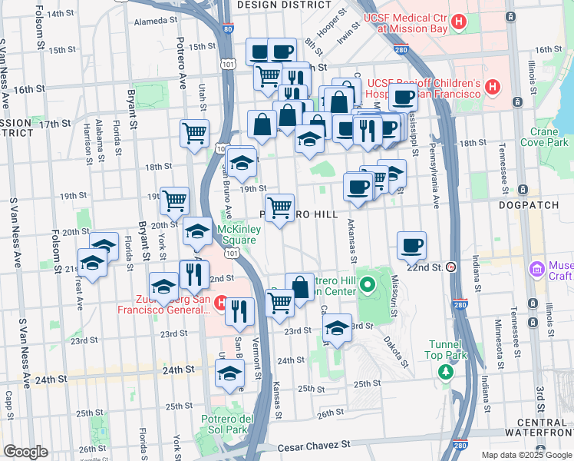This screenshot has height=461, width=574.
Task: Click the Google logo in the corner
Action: point(25,452)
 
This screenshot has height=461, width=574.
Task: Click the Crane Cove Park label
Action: point(543,137)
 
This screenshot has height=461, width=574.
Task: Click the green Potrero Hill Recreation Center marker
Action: point(368,288)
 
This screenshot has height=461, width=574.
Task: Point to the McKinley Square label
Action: point(239,234)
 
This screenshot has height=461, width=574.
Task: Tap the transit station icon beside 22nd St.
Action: point(451,267)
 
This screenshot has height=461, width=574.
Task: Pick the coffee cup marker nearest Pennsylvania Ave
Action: point(411,245)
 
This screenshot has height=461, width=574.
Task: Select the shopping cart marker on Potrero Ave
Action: point(195,132)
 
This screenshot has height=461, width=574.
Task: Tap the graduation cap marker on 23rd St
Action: point(337,327)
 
